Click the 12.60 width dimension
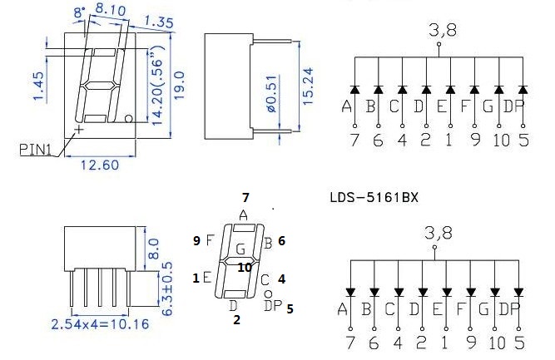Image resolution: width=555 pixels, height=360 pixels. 100,165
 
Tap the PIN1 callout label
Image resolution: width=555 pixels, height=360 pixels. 36,150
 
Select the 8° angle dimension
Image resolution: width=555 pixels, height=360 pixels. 79,12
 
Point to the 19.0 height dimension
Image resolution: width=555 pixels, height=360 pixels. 180,86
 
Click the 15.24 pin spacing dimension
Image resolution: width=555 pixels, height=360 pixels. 308,86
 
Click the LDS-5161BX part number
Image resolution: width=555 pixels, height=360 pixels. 374,197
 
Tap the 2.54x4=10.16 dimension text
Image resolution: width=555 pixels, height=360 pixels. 100,324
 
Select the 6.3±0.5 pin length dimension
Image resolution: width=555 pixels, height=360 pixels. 166,288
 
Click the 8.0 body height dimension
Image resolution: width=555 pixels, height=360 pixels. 153,249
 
